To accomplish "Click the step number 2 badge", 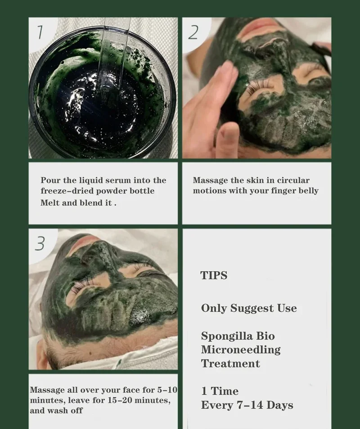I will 193,32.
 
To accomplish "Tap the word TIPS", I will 214,275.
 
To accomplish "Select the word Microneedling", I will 241,349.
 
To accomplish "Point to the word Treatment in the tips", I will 230,363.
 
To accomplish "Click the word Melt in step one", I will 49,203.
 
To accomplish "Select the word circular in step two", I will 293,180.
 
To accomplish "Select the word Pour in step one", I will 50,180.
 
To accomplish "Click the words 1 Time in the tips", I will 220,391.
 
